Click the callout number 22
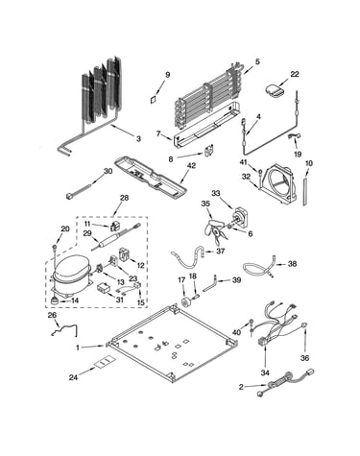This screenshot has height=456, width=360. tap(295, 74)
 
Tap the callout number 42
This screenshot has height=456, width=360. tap(192, 166)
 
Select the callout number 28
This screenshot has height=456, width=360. tap(124, 198)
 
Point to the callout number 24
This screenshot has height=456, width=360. tap(73, 377)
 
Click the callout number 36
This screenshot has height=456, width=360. tap(304, 358)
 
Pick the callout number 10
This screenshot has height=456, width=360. tap(309, 163)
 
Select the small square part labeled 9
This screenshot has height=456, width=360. tap(154, 99)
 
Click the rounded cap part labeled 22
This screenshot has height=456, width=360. tap(275, 90)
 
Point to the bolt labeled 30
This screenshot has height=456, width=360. tap(81, 191)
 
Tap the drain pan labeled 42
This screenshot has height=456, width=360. tap(150, 176)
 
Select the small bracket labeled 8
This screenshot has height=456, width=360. tap(209, 150)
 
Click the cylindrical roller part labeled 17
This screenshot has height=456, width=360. tap(185, 301)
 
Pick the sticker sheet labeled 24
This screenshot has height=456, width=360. tap(105, 363)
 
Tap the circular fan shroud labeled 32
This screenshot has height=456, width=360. tap(279, 185)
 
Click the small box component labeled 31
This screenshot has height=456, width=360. tap(104, 287)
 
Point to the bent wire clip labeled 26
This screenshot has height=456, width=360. tap(65, 329)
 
